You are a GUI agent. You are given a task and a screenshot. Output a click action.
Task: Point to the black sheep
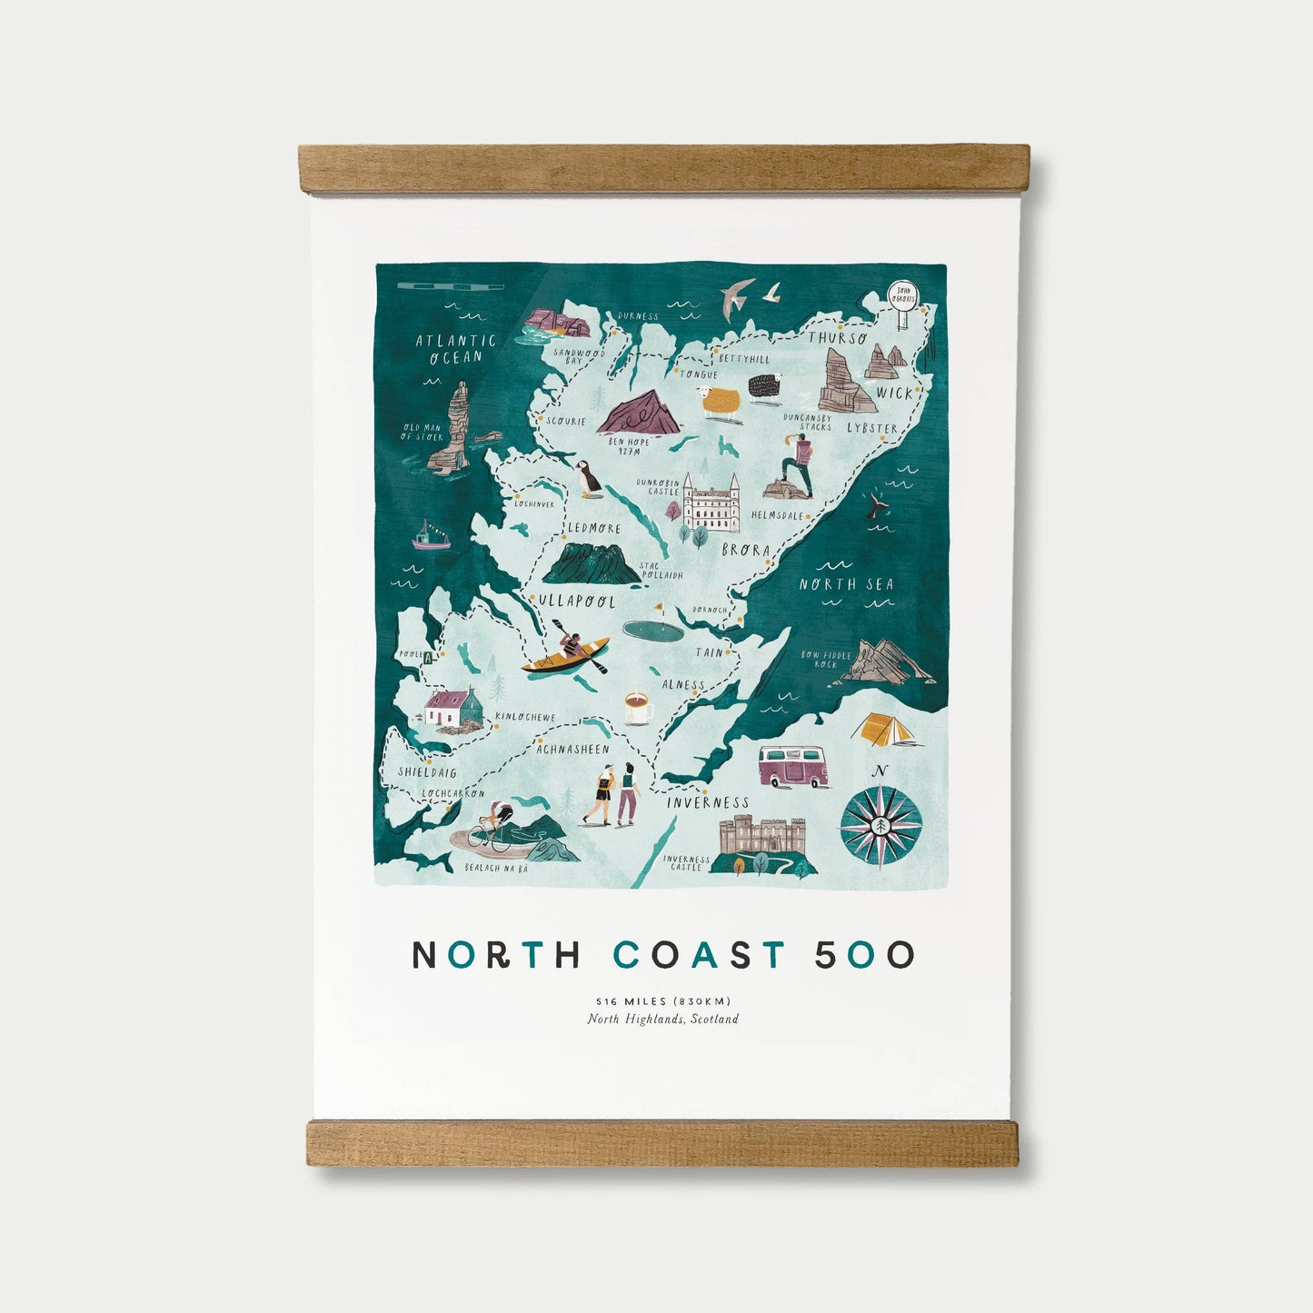[x=764, y=385]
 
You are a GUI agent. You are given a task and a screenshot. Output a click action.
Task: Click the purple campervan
[x=793, y=766]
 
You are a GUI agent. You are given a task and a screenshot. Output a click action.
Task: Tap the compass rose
[x=880, y=826]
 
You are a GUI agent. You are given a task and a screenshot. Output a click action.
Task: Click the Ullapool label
[x=576, y=602]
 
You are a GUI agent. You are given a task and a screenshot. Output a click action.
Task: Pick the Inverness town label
[x=708, y=802]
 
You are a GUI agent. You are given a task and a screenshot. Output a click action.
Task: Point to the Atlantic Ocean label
[x=456, y=348]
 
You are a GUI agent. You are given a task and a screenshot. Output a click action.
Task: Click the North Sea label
[x=846, y=584]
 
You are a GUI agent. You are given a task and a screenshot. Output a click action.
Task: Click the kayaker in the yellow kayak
[x=567, y=652]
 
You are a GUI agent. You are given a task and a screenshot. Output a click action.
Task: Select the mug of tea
[x=638, y=708]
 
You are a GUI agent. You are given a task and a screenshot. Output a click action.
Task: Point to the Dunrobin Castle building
[x=711, y=504]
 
